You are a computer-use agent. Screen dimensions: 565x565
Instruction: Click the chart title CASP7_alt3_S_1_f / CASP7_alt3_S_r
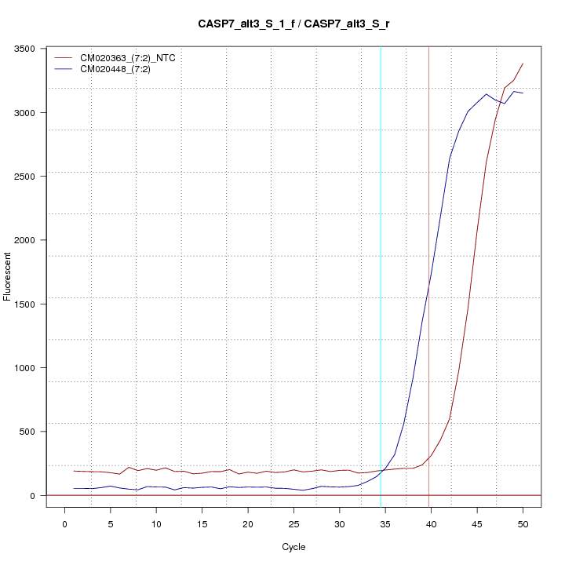click(x=294, y=24)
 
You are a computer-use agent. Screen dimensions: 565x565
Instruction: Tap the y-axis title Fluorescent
click(x=8, y=275)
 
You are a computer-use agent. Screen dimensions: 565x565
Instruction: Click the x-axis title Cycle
click(x=294, y=547)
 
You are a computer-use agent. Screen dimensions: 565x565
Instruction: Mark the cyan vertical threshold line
click(x=381, y=275)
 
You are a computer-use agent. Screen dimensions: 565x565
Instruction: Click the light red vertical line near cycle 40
click(x=428, y=275)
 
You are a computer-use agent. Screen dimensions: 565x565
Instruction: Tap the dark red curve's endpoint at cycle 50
click(x=523, y=64)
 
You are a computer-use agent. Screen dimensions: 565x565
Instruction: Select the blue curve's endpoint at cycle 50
click(x=523, y=93)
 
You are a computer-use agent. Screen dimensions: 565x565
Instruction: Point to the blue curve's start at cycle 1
click(x=74, y=488)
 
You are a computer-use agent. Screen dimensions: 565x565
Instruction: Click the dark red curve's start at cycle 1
click(x=74, y=471)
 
